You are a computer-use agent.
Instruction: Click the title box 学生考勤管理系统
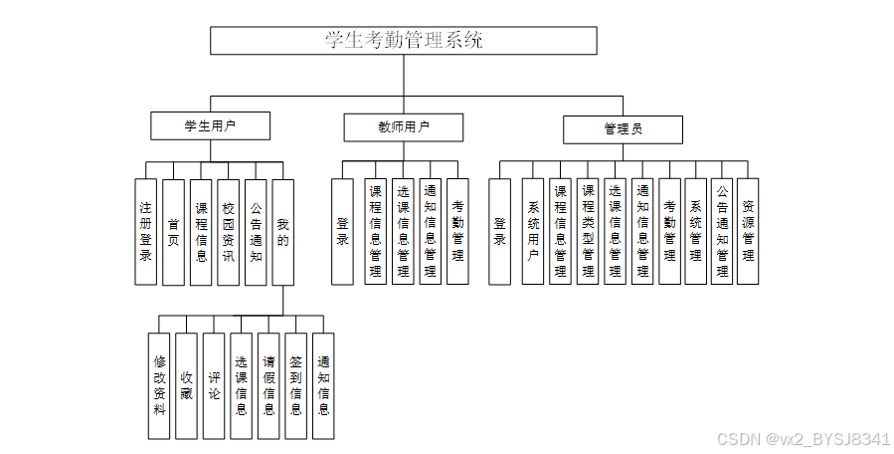[403, 41]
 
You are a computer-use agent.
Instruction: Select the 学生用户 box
[211, 126]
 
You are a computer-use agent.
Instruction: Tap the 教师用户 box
[403, 127]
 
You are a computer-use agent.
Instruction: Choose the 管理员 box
[623, 129]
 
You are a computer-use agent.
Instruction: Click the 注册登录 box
[146, 232]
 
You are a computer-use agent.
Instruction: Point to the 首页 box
[174, 232]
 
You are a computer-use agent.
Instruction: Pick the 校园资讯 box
[229, 232]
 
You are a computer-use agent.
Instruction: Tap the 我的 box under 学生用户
[283, 232]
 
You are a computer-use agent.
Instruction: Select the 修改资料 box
[159, 386]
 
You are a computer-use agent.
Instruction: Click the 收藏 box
[186, 386]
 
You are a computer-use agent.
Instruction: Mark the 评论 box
[214, 386]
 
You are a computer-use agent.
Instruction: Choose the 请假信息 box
[268, 386]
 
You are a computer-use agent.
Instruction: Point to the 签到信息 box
[295, 386]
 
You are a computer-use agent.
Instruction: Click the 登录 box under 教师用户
[343, 232]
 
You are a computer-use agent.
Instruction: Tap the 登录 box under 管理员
[500, 232]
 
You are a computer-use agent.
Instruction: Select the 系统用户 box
[533, 232]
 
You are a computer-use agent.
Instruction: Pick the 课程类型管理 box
[588, 232]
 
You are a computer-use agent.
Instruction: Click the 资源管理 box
[748, 232]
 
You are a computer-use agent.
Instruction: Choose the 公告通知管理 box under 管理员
[722, 232]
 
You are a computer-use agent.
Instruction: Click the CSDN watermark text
[804, 439]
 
